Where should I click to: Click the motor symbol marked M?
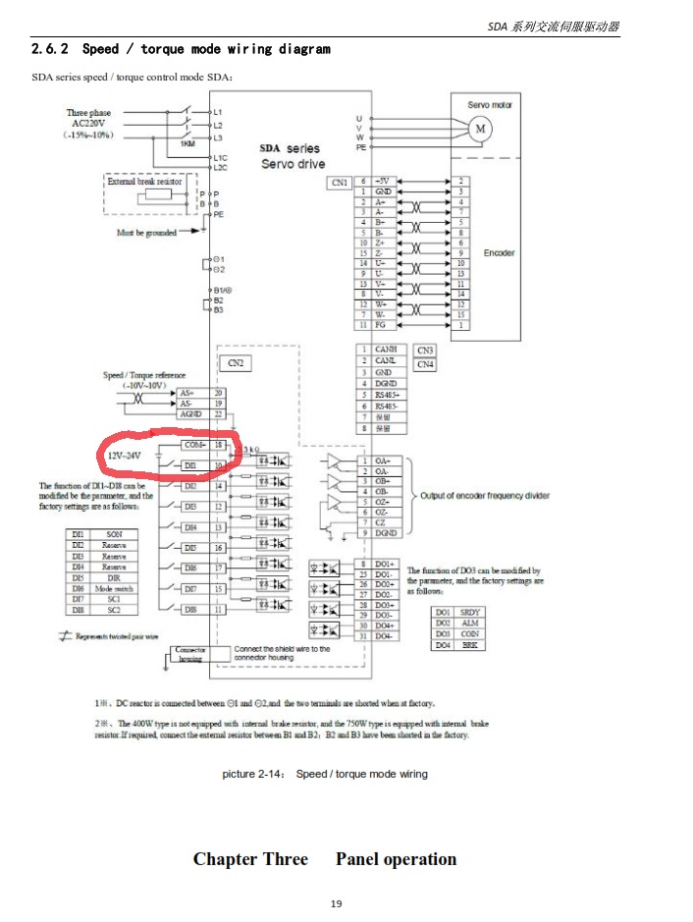pyautogui.click(x=481, y=129)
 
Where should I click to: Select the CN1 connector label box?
pyautogui.click(x=339, y=182)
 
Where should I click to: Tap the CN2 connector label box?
pyautogui.click(x=236, y=363)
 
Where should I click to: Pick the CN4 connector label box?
pyautogui.click(x=425, y=364)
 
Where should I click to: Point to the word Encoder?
pyautogui.click(x=499, y=252)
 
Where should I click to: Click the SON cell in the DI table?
pyautogui.click(x=114, y=534)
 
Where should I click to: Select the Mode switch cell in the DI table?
pyautogui.click(x=114, y=588)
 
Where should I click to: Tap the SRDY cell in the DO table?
pyautogui.click(x=470, y=612)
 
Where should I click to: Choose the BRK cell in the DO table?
pyautogui.click(x=470, y=645)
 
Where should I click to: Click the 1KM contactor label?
pyautogui.click(x=187, y=144)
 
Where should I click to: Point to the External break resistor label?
pyautogui.click(x=144, y=182)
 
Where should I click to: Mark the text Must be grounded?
pyautogui.click(x=146, y=233)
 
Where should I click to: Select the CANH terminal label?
pyautogui.click(x=385, y=350)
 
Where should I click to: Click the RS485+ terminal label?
pyautogui.click(x=385, y=395)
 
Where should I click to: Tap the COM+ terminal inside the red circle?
pyautogui.click(x=193, y=445)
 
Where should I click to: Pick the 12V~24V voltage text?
pyautogui.click(x=123, y=456)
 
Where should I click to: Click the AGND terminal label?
pyautogui.click(x=190, y=414)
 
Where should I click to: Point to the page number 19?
pyautogui.click(x=336, y=903)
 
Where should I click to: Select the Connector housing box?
pyautogui.click(x=188, y=654)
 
